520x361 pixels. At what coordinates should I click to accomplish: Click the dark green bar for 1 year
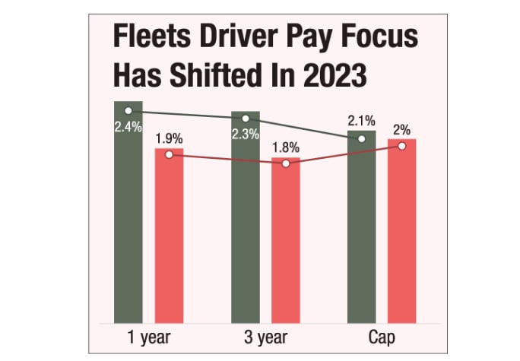pos(128,220)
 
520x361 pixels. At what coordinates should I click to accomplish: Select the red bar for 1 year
pos(169,236)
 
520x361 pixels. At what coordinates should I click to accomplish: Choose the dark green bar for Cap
pos(361,228)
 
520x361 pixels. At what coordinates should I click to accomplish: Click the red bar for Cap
pos(401,232)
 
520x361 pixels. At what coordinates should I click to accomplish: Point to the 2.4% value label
pos(128,127)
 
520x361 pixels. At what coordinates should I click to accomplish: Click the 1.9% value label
pos(169,139)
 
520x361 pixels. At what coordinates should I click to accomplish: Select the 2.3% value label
pos(245,135)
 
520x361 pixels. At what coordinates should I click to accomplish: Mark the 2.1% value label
pos(361,121)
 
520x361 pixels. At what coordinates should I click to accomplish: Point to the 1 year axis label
pos(148,337)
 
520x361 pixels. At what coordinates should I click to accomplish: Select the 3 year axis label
pos(265,337)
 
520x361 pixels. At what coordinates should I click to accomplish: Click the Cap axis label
pos(381,337)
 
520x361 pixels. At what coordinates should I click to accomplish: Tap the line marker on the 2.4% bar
pos(128,111)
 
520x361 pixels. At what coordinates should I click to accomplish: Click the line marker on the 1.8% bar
pos(286,163)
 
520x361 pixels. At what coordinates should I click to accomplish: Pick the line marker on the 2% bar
pos(401,145)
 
